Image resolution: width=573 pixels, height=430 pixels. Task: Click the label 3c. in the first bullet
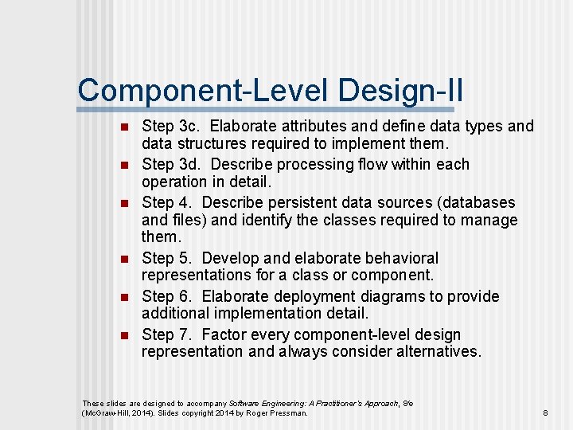(187, 127)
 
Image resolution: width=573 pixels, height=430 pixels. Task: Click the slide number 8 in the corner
(545, 413)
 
